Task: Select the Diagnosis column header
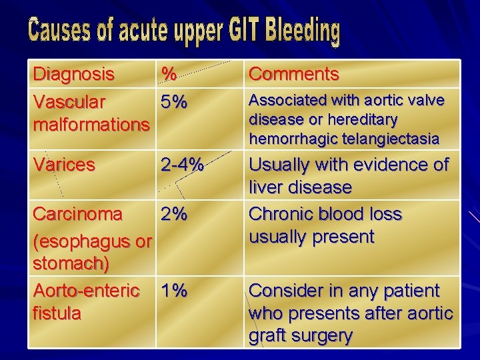pyautogui.click(x=73, y=73)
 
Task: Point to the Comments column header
pyautogui.click(x=293, y=74)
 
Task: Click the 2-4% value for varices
pyautogui.click(x=181, y=165)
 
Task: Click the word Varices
pyautogui.click(x=65, y=165)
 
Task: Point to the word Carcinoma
pyautogui.click(x=77, y=214)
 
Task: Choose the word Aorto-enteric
pyautogui.click(x=86, y=291)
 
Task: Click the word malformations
pyautogui.click(x=91, y=125)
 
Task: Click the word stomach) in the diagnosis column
pyautogui.click(x=71, y=263)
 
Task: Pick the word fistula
pyautogui.click(x=57, y=313)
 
